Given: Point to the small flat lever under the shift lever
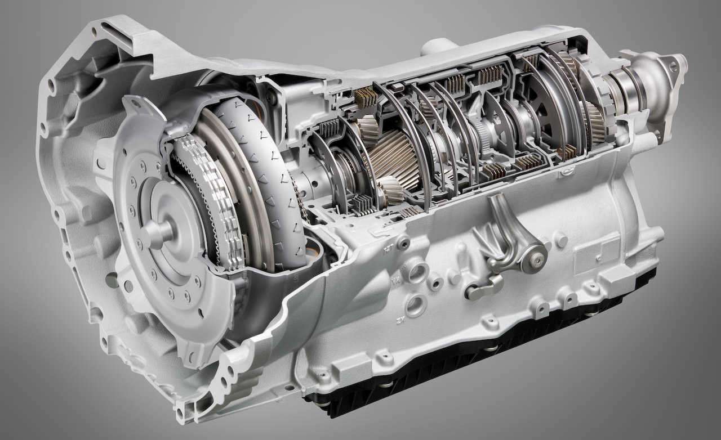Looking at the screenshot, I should tap(483, 289).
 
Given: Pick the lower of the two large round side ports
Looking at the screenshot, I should tap(415, 305).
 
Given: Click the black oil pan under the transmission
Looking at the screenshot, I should tap(479, 360).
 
